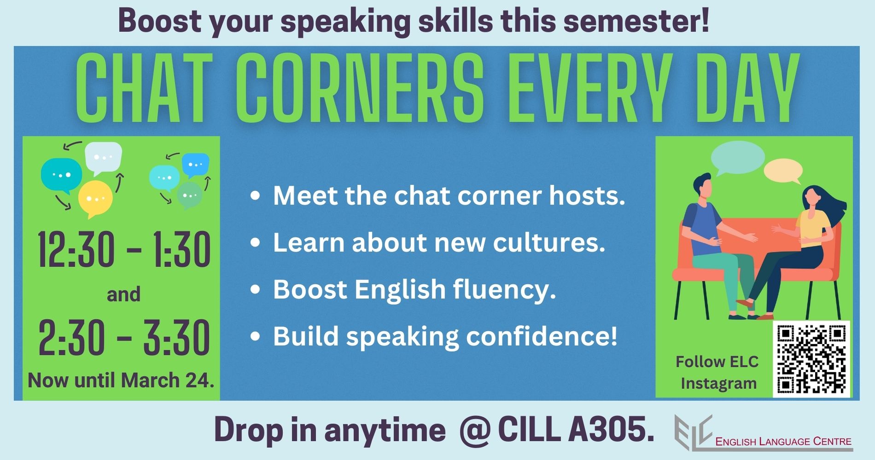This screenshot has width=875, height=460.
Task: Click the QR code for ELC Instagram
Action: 811,358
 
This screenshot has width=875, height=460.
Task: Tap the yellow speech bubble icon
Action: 95,199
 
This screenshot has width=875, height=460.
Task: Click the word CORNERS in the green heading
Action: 362,89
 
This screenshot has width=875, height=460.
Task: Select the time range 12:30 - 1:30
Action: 124,250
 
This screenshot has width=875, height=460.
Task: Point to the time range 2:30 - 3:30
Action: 124,338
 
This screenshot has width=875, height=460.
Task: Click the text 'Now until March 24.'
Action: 121,381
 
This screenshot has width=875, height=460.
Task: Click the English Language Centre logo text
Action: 783,442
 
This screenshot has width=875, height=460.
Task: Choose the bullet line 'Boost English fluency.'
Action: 414,290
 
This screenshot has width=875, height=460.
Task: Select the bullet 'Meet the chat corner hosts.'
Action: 449,196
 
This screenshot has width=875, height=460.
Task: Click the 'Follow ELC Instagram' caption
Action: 717,373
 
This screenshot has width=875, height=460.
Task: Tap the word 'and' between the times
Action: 123,294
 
